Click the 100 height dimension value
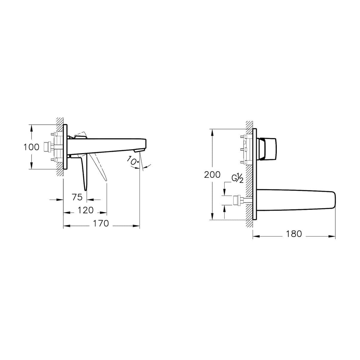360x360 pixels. tap(31, 147)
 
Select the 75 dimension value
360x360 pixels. tap(77, 197)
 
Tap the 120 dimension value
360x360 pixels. tap(86, 210)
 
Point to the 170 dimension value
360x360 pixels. tap(101, 223)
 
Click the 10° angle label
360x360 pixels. tap(132, 161)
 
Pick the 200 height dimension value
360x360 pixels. tap(212, 174)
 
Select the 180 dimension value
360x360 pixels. tap(294, 234)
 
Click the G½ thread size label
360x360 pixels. tap(238, 179)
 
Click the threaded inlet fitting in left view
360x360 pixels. tap(47, 146)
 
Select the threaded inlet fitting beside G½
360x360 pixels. tap(237, 200)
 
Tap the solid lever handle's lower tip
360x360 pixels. tap(86, 189)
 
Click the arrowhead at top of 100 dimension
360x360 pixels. tap(31, 127)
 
